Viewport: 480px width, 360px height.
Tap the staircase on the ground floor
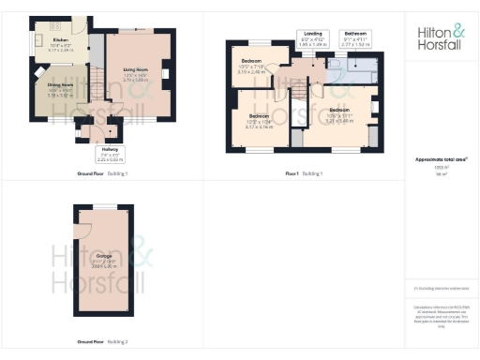pyautogui.click(x=96, y=82)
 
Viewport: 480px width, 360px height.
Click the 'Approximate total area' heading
pyautogui.click(x=441, y=159)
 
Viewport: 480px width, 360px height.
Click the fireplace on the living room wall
pyautogui.click(x=165, y=72)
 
